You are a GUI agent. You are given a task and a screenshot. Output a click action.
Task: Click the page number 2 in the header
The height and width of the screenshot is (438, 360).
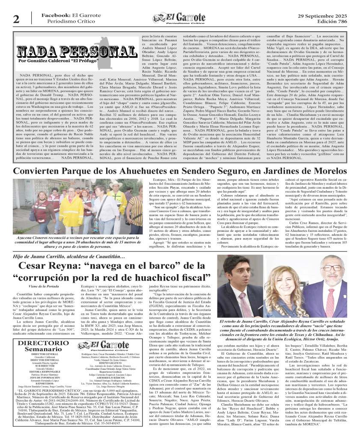(x=16, y=19)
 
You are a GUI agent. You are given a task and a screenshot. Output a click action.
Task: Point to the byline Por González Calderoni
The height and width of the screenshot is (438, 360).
(x=55, y=62)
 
